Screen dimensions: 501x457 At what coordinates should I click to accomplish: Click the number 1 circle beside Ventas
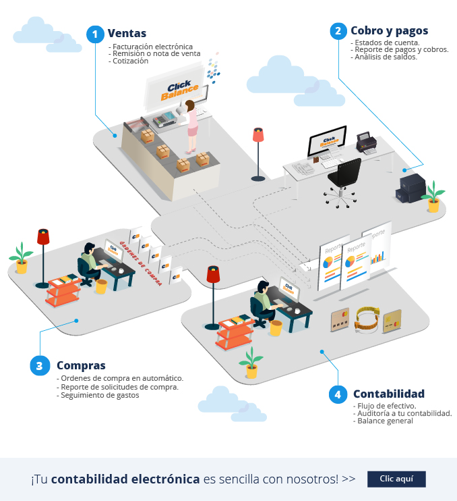[x=96, y=34]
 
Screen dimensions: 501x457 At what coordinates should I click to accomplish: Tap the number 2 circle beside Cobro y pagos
[x=338, y=31]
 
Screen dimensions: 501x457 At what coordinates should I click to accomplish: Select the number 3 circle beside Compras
[x=40, y=365]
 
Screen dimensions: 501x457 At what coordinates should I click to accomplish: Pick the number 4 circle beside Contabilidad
[x=338, y=394]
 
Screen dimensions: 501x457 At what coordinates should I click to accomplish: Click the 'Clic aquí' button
[x=396, y=479]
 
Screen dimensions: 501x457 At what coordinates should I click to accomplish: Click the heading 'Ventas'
[x=127, y=34]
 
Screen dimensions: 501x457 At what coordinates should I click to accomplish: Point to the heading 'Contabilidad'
[x=388, y=394]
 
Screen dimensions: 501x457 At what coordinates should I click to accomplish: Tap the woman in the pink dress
[x=193, y=122]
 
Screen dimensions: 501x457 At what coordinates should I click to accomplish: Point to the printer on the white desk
[x=366, y=142]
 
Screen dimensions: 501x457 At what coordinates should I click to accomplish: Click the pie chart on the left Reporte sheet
[x=330, y=261]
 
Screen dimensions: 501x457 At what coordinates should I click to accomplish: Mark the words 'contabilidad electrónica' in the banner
[x=125, y=479]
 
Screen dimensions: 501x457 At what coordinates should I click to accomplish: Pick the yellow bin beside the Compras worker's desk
[x=102, y=286]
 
